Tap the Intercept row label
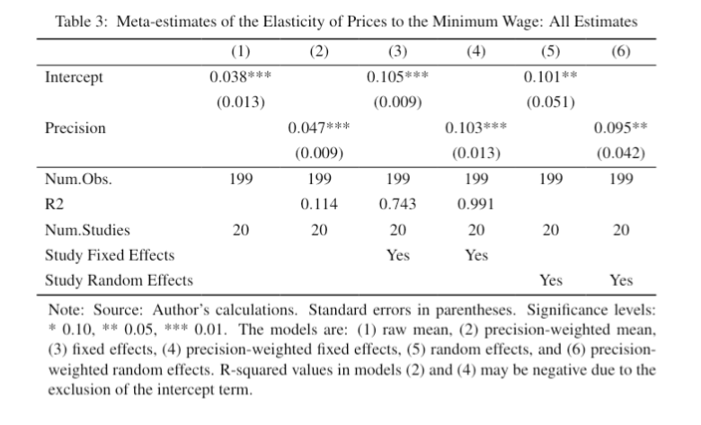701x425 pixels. (74, 77)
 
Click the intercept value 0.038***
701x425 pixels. (240, 77)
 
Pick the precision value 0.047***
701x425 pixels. (318, 128)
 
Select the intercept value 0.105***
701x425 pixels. (397, 77)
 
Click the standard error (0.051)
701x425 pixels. (550, 102)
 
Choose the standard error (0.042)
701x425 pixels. (620, 153)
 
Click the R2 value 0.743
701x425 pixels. (397, 204)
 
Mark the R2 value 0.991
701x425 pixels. (475, 204)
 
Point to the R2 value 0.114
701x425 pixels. (318, 204)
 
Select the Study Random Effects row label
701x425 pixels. (119, 280)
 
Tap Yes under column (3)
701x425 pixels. (397, 255)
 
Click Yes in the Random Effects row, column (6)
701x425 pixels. (620, 280)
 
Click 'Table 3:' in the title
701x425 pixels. (83, 20)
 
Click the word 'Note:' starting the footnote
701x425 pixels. (65, 308)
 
